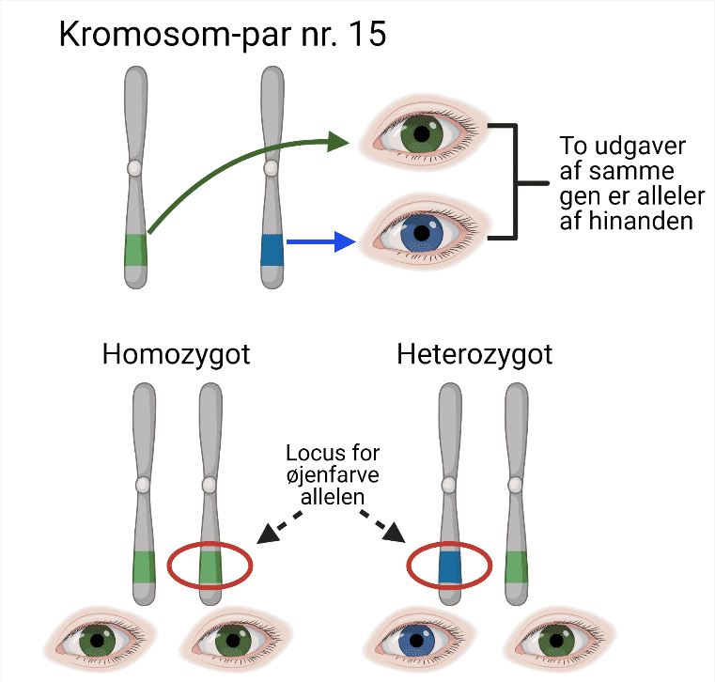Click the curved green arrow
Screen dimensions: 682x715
coord(235,160)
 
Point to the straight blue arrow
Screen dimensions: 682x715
coord(319,242)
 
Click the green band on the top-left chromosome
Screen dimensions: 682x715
coord(136,250)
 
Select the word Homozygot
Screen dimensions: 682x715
coord(177,356)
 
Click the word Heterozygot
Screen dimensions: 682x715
coord(474,356)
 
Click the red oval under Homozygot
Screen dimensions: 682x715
coord(210,566)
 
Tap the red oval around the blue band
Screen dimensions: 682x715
coord(449,566)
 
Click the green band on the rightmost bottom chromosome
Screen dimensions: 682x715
coord(517,566)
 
